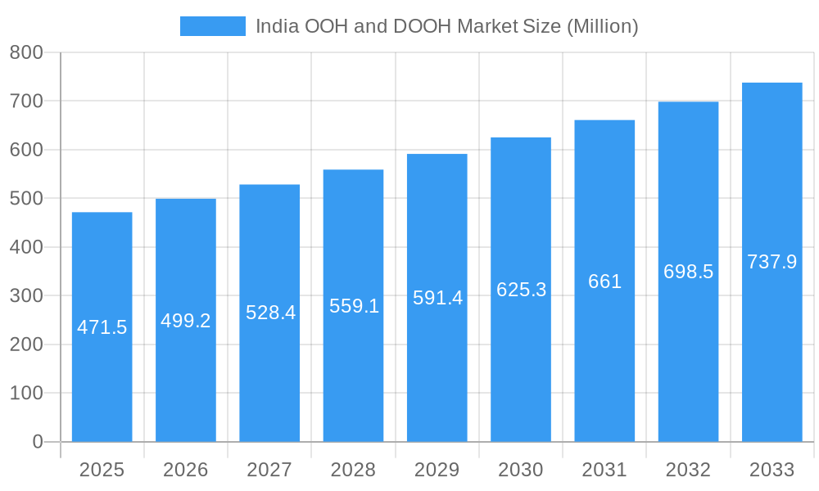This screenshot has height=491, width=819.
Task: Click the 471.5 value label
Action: [102, 327]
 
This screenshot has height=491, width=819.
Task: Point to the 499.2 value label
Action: [186, 321]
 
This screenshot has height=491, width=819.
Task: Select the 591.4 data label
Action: [437, 298]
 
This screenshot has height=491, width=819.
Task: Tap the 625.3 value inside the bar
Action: [521, 290]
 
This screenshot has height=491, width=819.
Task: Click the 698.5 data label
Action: [688, 272]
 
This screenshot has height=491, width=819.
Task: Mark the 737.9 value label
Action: [771, 262]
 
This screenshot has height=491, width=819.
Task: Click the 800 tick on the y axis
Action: [26, 53]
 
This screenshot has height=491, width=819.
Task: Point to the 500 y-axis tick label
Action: [26, 199]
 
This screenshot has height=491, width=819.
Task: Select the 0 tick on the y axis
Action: [37, 442]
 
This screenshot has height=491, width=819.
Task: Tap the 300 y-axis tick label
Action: [26, 295]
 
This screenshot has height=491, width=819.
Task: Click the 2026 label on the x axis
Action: [186, 470]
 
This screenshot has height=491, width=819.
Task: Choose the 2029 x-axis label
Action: [437, 470]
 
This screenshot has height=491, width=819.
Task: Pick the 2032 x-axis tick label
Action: [688, 470]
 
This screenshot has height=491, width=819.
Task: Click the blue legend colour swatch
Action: [213, 26]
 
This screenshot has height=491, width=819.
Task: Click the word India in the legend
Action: [277, 26]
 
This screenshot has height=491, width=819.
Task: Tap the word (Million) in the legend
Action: [602, 26]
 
